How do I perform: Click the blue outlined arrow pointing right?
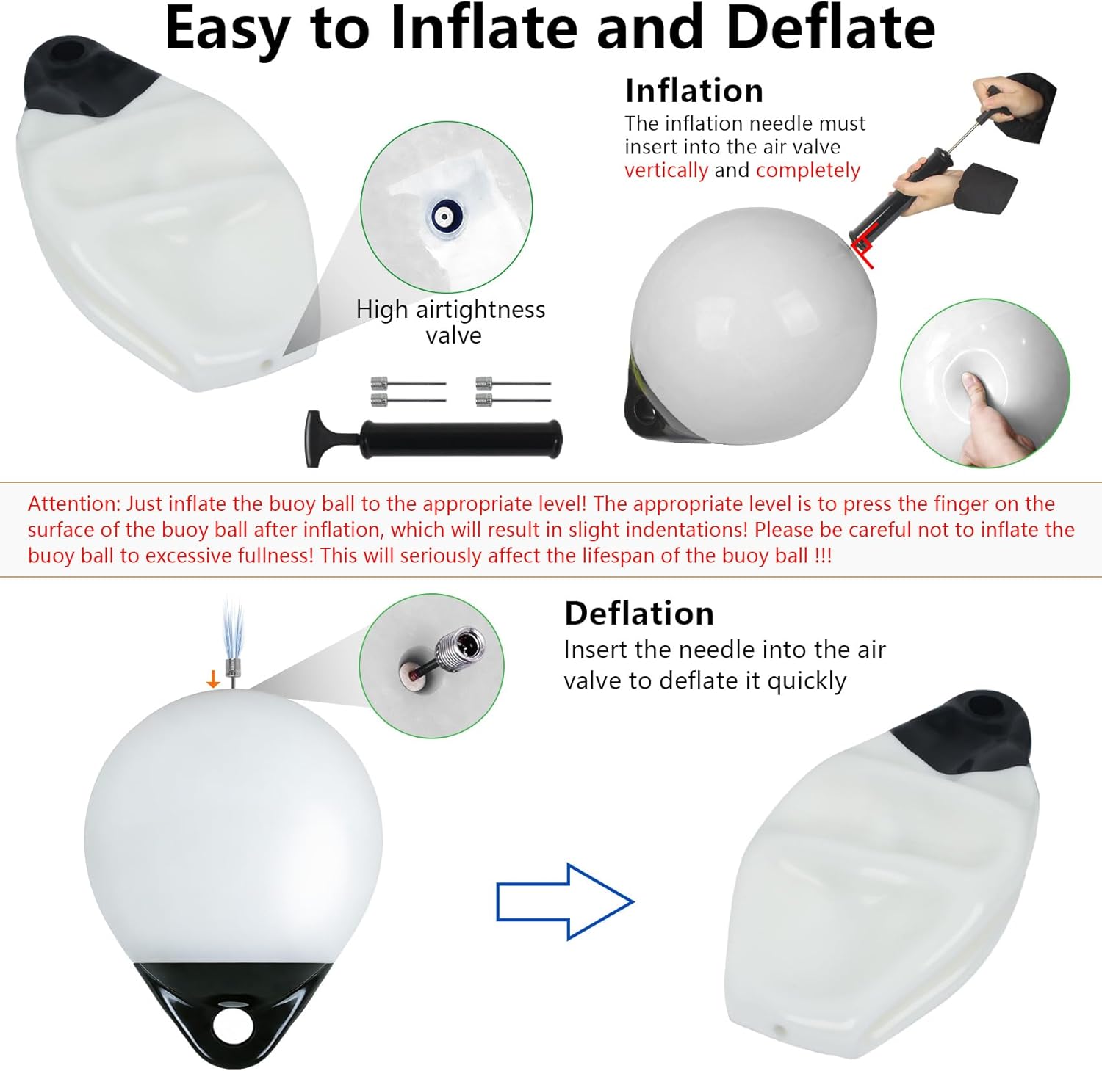pos(564,901)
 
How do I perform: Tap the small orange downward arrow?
pos(213,679)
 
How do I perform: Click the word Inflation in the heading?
pos(694,91)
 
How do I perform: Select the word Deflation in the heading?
pos(639,614)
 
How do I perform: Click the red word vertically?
pos(666,170)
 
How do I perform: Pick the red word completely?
pos(808,170)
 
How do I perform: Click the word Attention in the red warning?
pos(73,504)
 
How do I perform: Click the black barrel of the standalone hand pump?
pos(461,440)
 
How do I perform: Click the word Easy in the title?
pos(226,29)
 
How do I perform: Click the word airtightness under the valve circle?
pos(480,310)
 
